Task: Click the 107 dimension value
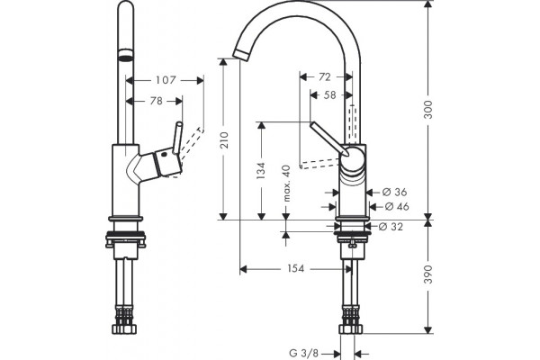point(166,80)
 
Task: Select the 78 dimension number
point(157,102)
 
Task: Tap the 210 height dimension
point(224,139)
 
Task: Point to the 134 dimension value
point(261,170)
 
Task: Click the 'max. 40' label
point(286,184)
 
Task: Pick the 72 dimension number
point(324,76)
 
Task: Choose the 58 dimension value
point(329,94)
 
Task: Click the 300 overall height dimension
point(427,110)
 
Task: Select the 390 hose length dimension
point(427,274)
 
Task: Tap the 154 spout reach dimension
point(296,268)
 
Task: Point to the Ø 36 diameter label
point(395,192)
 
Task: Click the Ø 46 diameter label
point(397,206)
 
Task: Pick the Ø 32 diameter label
point(391,226)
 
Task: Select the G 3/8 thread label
point(304,353)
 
